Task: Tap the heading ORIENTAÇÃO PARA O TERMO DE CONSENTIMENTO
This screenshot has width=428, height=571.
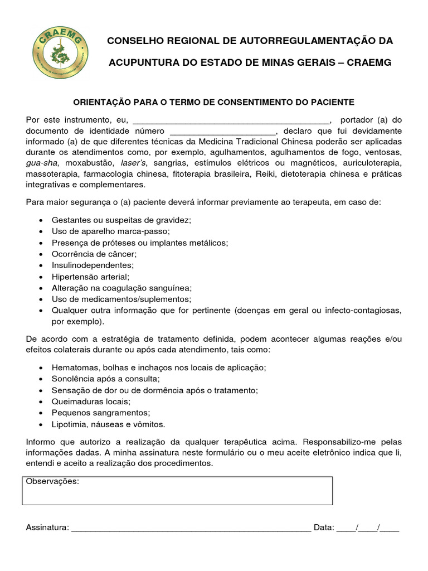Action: pos(214,102)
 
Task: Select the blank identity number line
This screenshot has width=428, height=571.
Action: pos(222,131)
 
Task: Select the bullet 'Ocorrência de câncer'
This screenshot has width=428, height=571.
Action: pos(94,253)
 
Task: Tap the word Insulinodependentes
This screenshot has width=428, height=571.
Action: pos(93,265)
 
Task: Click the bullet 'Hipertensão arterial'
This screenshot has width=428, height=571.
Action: pos(90,276)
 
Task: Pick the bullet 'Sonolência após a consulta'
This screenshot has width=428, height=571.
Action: pos(105,379)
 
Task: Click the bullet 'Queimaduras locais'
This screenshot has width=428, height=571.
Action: pos(91,401)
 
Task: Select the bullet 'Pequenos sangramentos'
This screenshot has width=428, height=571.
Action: pos(101,413)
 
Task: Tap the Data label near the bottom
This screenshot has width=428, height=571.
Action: pos(324,528)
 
